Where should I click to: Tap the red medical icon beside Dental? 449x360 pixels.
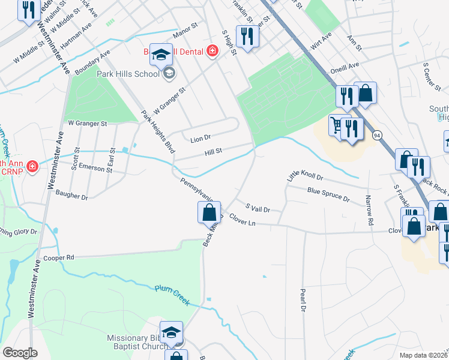point(212,52)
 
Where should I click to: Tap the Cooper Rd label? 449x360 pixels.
point(59,257)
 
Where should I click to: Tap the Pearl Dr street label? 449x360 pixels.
point(303,300)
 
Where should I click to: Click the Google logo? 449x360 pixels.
point(20,353)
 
